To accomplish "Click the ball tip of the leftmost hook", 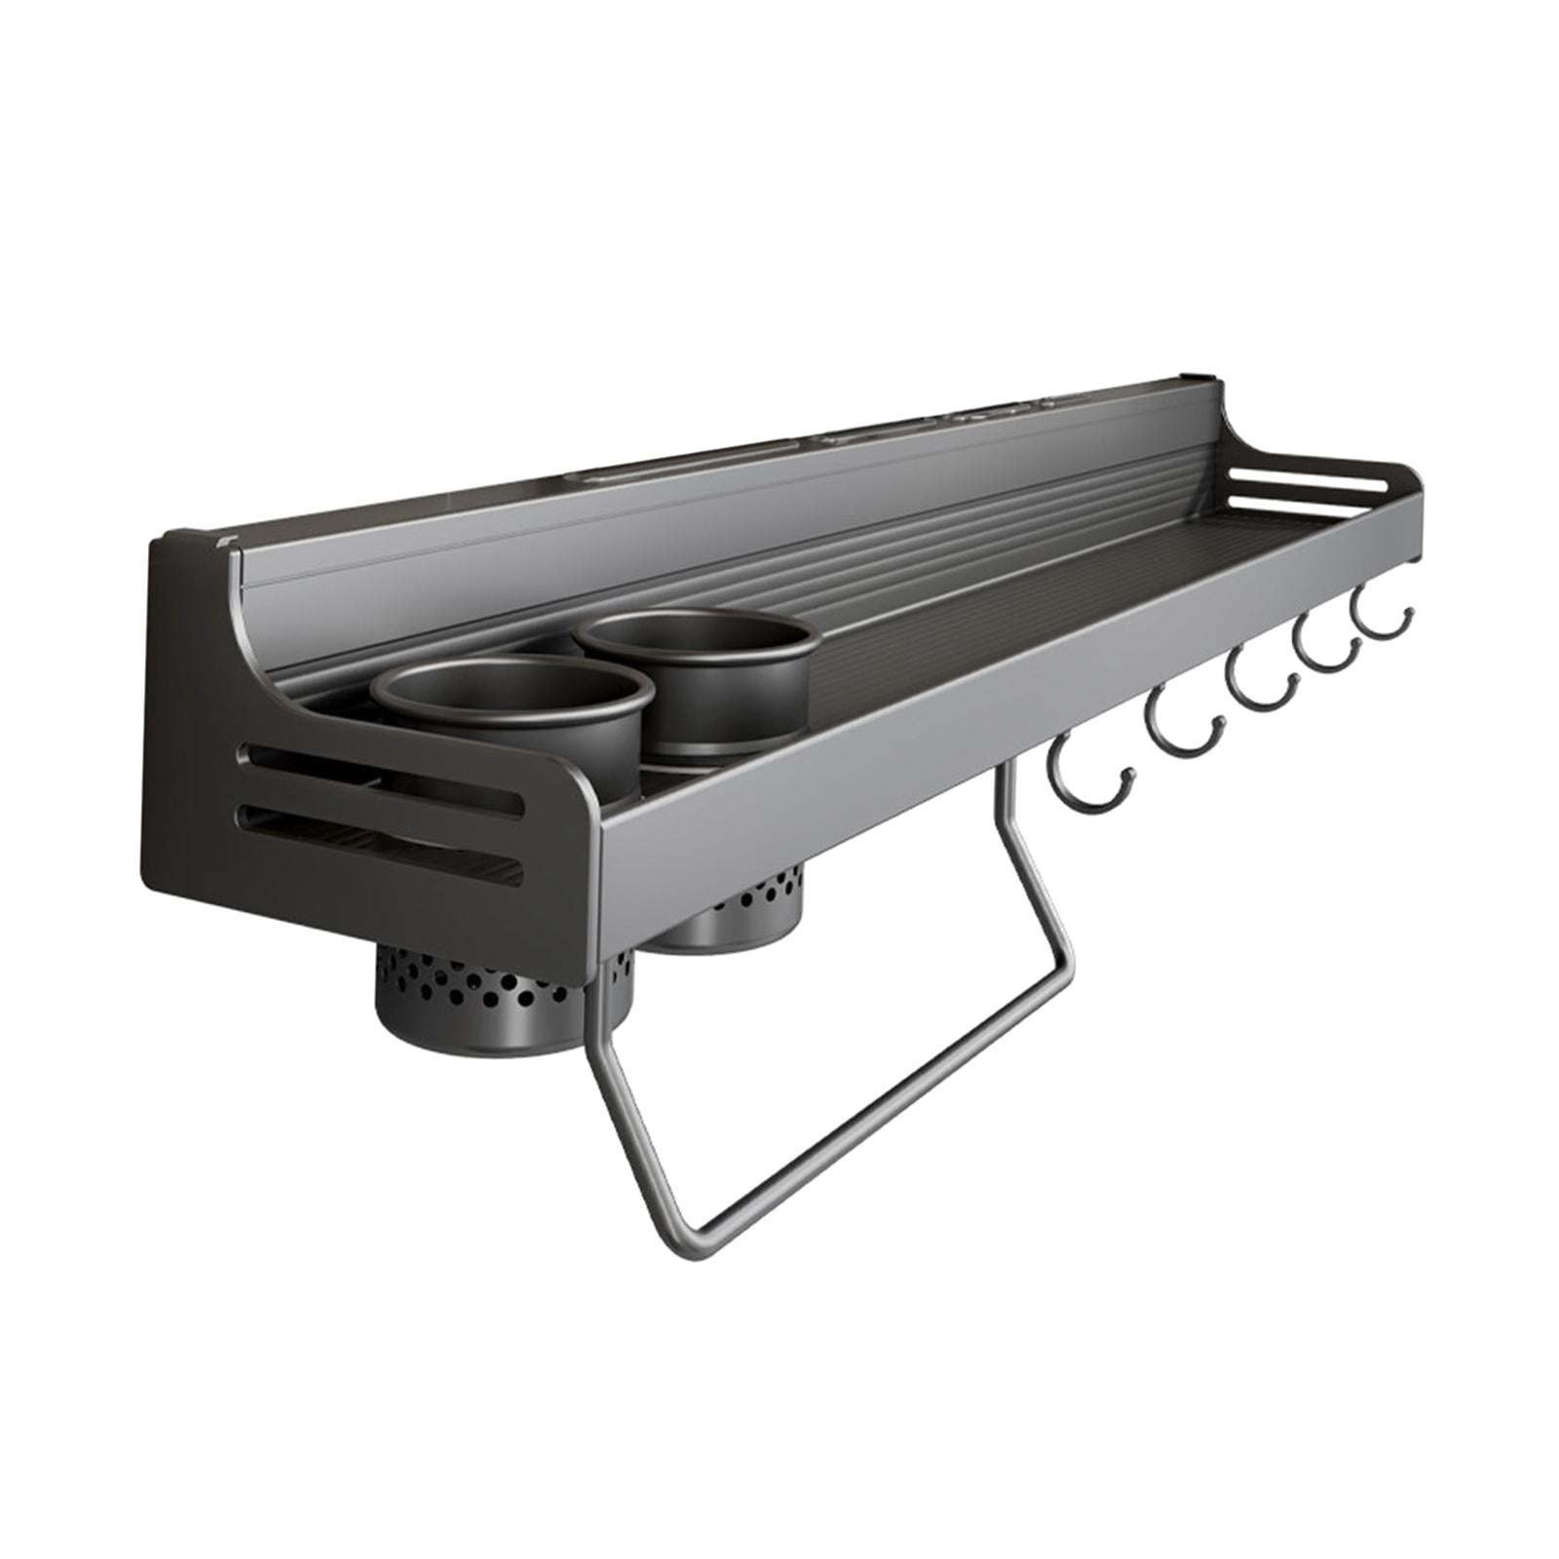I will tap(1128, 775).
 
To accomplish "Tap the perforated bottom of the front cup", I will tap(502, 975).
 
